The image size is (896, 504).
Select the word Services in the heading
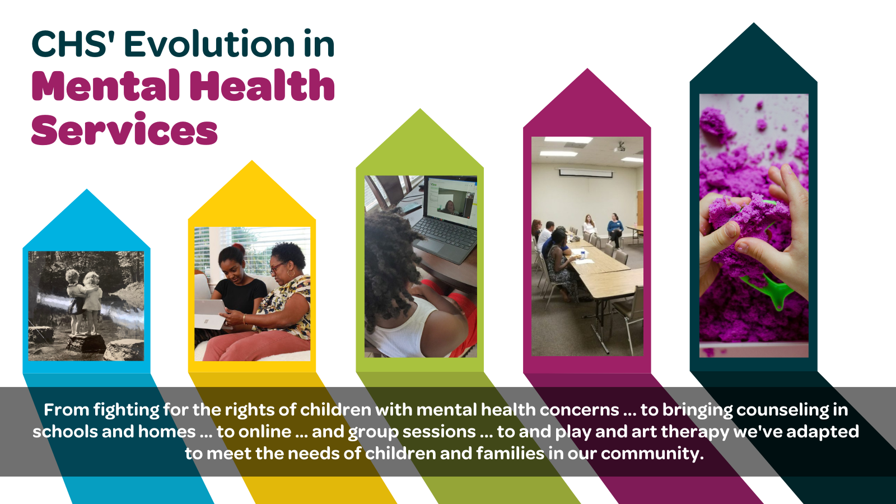[124, 130]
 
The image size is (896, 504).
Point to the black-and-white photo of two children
[86, 306]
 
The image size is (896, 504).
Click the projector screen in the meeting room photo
[586, 173]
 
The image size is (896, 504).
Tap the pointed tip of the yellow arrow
[252, 163]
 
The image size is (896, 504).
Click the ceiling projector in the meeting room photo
[619, 147]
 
